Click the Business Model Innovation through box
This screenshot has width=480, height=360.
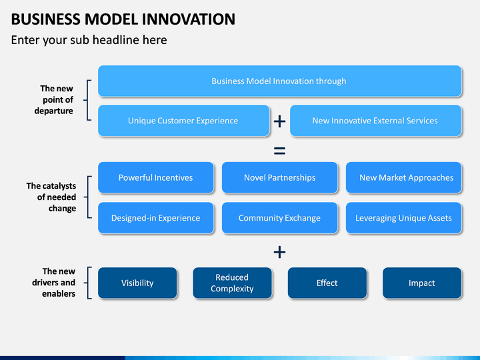click(x=279, y=81)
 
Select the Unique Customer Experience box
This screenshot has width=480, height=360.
click(x=184, y=121)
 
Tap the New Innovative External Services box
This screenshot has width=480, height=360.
click(x=375, y=121)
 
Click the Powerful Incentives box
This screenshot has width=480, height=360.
click(x=155, y=177)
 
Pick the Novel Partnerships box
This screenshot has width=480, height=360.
click(x=279, y=177)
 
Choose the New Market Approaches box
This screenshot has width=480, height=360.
click(x=403, y=177)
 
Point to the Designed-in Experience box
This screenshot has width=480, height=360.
click(x=155, y=217)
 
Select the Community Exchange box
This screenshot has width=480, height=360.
click(x=279, y=217)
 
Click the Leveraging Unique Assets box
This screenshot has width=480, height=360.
click(x=403, y=217)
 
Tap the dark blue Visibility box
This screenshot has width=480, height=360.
click(x=137, y=283)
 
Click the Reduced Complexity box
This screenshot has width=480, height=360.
click(x=232, y=283)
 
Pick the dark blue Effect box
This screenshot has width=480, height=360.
click(x=327, y=283)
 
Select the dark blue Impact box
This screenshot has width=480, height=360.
click(x=422, y=283)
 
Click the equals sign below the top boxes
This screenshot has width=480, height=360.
click(x=279, y=151)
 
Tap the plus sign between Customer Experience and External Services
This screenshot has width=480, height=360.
click(x=279, y=121)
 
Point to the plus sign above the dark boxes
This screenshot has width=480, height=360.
click(x=279, y=252)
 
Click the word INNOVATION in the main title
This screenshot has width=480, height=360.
click(x=189, y=19)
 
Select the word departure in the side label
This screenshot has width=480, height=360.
click(x=53, y=111)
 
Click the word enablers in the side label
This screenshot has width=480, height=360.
click(x=59, y=293)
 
